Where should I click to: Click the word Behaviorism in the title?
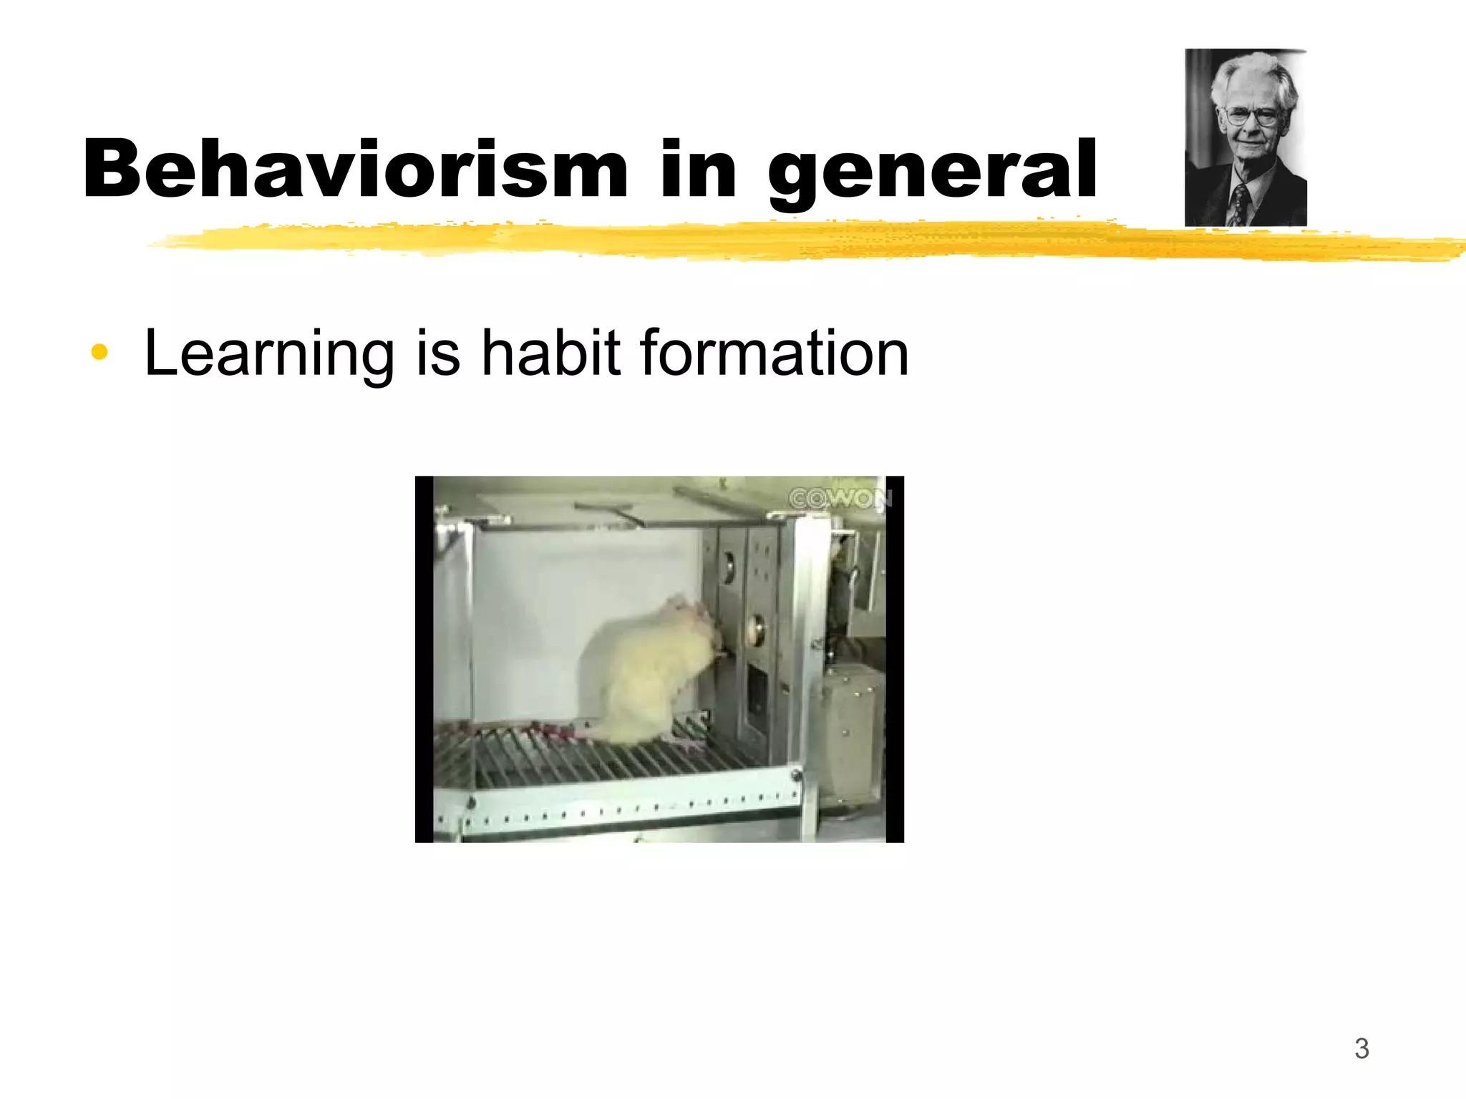pos(355,169)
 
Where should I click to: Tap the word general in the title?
pos(932,172)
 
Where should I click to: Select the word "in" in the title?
pos(698,169)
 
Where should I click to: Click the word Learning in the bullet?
pos(269,353)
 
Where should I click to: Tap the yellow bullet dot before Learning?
pos(99,352)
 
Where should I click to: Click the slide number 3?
pos(1361,1049)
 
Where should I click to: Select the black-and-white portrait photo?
pos(1246,137)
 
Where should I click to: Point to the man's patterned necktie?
pos(1239,204)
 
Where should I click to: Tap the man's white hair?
pos(1253,72)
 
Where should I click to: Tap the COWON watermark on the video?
pos(838,498)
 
